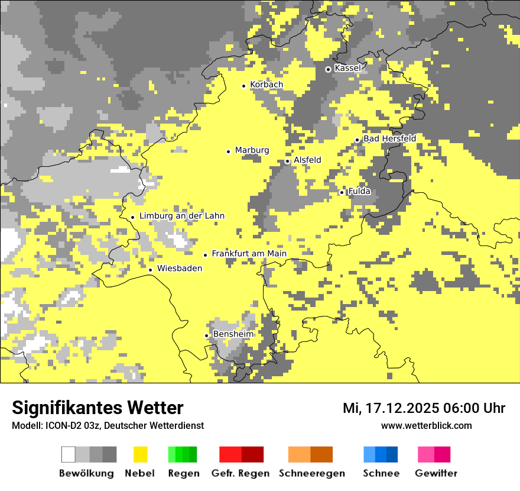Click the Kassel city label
pos(347,68)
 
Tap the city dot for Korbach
pos(243,86)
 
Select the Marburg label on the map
pos(252,150)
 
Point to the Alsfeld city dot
pos(288,161)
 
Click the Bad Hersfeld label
pos(389,138)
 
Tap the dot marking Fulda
pos(342,192)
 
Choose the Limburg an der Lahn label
pos(181,216)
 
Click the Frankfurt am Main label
pos(249,254)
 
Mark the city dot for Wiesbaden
pos(151,270)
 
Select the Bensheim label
pos(233,334)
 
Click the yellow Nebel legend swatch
pos(141,454)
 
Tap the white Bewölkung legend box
pos(68,454)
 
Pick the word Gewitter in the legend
pos(436,473)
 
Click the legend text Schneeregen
pos(312,473)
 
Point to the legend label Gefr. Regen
pos(240,473)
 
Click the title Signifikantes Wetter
pos(97,408)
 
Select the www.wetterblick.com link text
pos(427,425)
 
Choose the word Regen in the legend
pos(183,473)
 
